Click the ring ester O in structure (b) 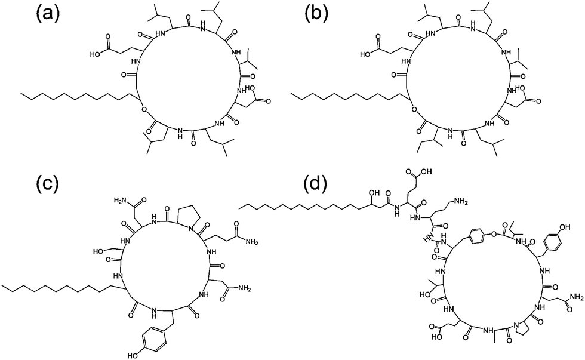[413, 109]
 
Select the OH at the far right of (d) [563, 227]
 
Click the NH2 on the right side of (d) [574, 296]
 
